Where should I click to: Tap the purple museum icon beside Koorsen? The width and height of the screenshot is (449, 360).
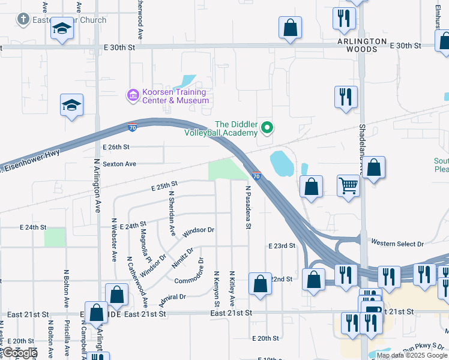pyautogui.click(x=132, y=95)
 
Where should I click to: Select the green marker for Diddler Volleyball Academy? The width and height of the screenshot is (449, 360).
pyautogui.click(x=268, y=127)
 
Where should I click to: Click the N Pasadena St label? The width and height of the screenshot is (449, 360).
pyautogui.click(x=247, y=207)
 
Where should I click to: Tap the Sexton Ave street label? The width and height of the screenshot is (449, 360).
pyautogui.click(x=119, y=163)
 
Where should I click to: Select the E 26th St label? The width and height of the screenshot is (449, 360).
pyautogui.click(x=116, y=147)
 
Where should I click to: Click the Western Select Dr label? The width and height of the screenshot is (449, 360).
pyautogui.click(x=397, y=243)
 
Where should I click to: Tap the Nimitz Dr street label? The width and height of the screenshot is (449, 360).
pyautogui.click(x=183, y=258)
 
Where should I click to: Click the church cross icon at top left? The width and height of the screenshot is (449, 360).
pyautogui.click(x=23, y=19)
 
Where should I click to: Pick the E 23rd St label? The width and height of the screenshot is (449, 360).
pyautogui.click(x=282, y=246)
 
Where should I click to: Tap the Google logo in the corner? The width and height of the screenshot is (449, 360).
pyautogui.click(x=20, y=353)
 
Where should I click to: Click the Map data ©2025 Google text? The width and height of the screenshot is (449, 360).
pyautogui.click(x=412, y=356)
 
